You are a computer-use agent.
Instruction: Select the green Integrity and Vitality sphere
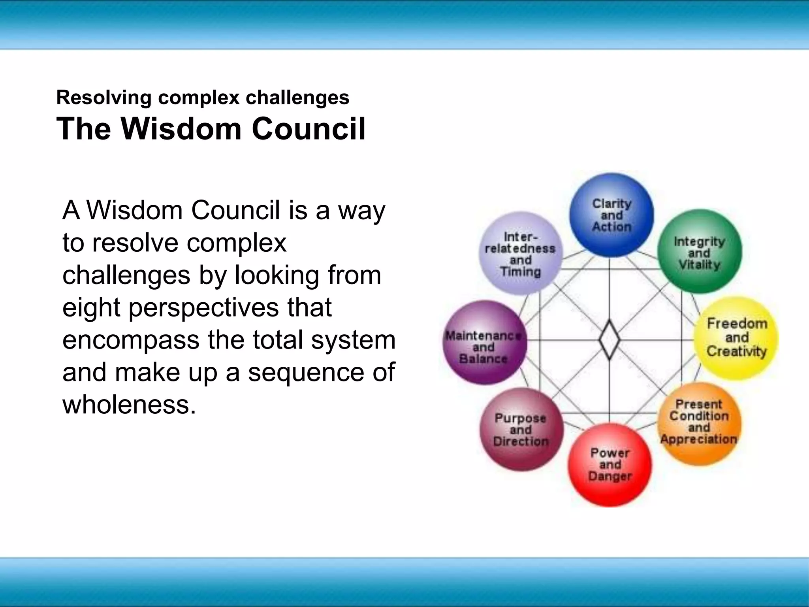[x=699, y=252]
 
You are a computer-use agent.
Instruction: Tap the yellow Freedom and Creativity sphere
[x=736, y=338]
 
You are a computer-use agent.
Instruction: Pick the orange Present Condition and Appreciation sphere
[x=699, y=423]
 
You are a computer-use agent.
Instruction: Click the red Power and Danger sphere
[x=610, y=465]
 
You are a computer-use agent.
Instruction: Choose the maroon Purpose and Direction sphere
[x=521, y=430]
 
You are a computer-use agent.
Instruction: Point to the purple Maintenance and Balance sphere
[x=484, y=342]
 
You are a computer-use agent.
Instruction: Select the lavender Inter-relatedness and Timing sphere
[x=521, y=253]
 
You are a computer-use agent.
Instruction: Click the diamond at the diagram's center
[x=609, y=339]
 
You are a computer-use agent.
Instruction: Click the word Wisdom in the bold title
[x=181, y=129]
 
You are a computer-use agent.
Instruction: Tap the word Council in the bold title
[x=309, y=129]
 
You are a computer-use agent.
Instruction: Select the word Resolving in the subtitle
[x=104, y=98]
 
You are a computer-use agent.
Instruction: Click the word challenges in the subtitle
[x=297, y=98]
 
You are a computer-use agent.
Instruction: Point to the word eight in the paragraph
[x=91, y=307]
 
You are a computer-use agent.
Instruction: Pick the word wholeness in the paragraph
[x=129, y=405]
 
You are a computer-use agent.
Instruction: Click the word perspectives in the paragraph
[x=204, y=307]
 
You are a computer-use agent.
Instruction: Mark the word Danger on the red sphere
[x=610, y=477]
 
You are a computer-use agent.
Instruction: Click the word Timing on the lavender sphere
[x=520, y=272]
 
